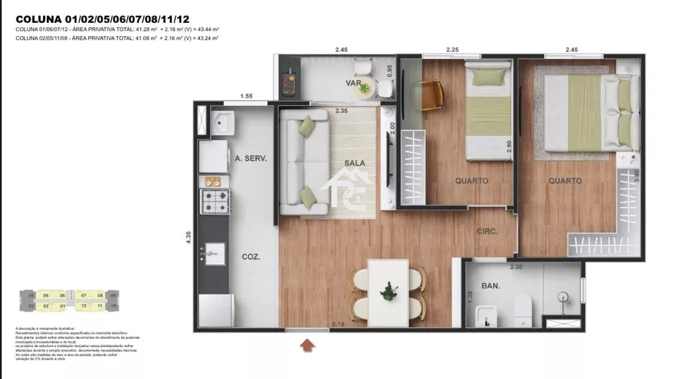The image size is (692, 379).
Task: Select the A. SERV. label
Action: (251, 158)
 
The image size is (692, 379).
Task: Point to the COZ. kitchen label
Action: (251, 256)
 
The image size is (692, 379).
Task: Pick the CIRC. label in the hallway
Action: (487, 232)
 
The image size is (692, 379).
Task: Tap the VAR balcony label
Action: (355, 84)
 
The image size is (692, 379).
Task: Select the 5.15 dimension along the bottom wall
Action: (338, 324)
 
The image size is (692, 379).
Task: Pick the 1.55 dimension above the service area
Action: (247, 96)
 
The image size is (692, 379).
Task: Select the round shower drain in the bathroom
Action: (563, 297)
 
